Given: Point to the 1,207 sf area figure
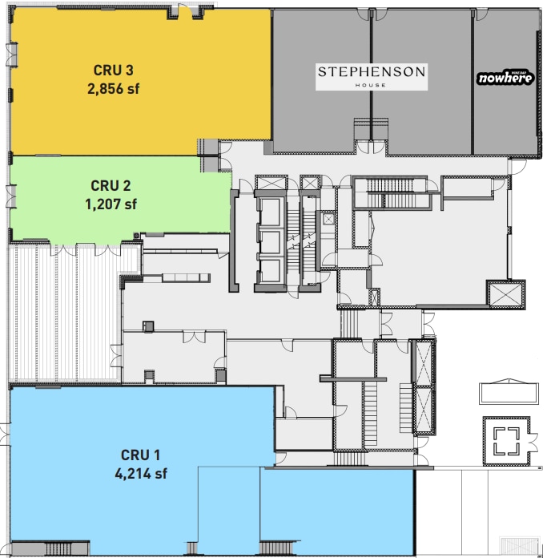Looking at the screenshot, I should [x=111, y=204].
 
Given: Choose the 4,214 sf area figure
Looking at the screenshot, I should [x=141, y=472].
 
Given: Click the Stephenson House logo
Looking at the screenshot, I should [x=372, y=75].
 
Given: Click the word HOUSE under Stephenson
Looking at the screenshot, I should [x=372, y=85].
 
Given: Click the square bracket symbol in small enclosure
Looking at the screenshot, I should [x=505, y=441].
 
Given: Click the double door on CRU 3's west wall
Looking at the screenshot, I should [x=10, y=55].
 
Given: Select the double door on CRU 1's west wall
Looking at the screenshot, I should [x=6, y=435].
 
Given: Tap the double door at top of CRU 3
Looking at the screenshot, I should [x=187, y=10].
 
